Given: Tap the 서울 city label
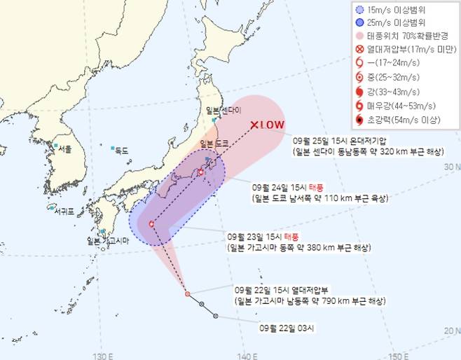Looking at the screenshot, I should coord(65,148).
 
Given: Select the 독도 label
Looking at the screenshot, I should coord(121,150).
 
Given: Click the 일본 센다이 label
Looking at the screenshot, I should coord(223,111).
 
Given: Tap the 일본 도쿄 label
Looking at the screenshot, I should coord(216,144).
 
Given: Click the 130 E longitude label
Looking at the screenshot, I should coord(103,354).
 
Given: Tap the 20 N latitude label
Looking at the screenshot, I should coord(451,329).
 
